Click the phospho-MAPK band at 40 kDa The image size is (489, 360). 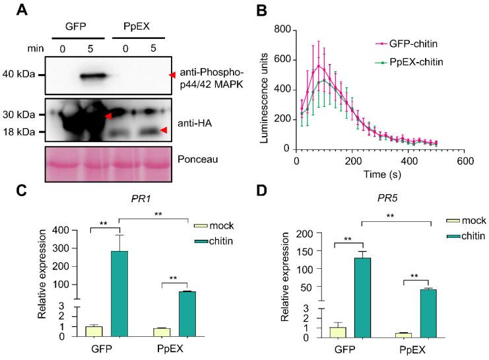93,76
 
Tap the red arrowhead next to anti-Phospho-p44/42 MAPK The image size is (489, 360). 174,76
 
